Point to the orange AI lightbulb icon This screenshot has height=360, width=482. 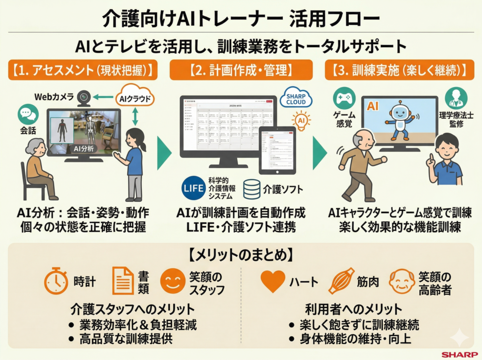click(301, 121)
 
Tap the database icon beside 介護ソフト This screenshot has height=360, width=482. click(252, 189)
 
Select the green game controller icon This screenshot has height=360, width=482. click(344, 98)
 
